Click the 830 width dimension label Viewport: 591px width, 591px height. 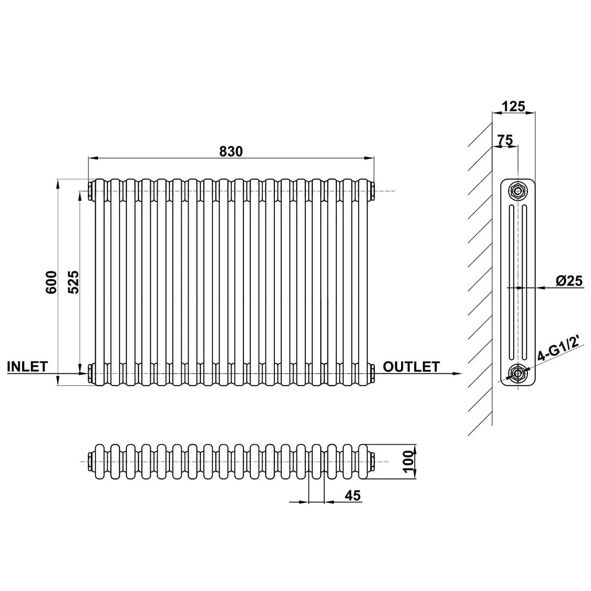pos(231,151)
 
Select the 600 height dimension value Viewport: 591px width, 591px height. pos(52,282)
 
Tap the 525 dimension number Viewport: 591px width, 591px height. pos(73,282)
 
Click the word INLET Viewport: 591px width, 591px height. pos(28,366)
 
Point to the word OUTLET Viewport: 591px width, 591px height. pos(411,366)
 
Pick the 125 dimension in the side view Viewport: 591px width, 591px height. pos(513,106)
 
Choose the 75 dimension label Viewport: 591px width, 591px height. pos(505,140)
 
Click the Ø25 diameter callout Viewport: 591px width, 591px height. pos(569,281)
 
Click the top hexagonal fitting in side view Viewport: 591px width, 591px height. pos(518,191)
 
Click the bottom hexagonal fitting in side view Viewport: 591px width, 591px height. pos(518,373)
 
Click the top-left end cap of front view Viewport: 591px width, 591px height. pos(92,191)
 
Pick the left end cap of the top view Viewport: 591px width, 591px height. pos(92,461)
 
